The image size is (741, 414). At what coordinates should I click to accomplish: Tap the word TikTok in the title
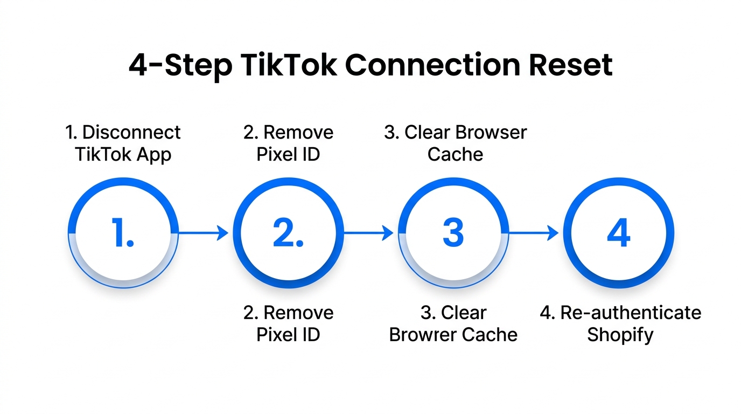click(289, 65)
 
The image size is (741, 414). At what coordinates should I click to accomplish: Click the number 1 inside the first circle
click(123, 233)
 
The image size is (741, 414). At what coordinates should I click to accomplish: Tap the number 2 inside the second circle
click(288, 233)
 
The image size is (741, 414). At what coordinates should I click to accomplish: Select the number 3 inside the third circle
click(453, 233)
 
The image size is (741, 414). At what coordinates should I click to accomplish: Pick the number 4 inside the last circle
click(618, 233)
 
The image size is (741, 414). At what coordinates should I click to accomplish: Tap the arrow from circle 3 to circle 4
click(533, 233)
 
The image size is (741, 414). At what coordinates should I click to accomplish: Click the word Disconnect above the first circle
click(131, 133)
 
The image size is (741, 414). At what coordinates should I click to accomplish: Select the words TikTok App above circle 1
click(123, 155)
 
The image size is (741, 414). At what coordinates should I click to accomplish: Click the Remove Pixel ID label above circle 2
click(288, 143)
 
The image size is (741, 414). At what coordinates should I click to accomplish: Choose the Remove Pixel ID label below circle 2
click(288, 323)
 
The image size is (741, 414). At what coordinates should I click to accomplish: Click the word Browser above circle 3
click(491, 133)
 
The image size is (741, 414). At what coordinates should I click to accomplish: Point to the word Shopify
click(620, 335)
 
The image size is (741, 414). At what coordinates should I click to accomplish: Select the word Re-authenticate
click(631, 313)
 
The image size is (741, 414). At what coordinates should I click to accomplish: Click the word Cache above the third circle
click(455, 155)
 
